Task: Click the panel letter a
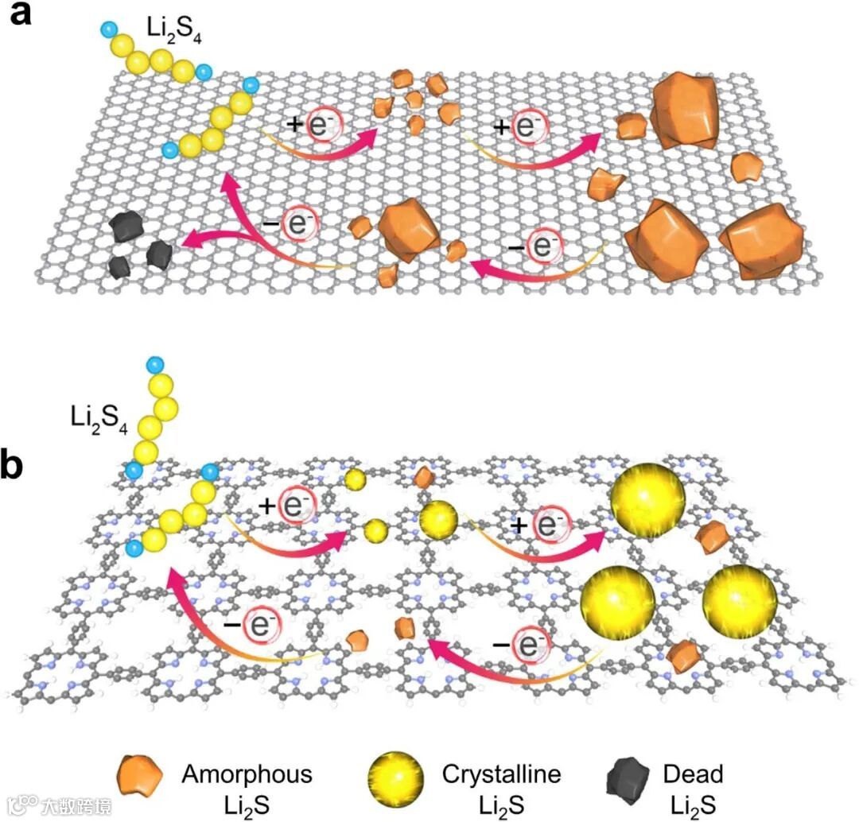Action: tap(19, 15)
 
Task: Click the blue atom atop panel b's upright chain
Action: tap(154, 366)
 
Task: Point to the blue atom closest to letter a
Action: tap(108, 30)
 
